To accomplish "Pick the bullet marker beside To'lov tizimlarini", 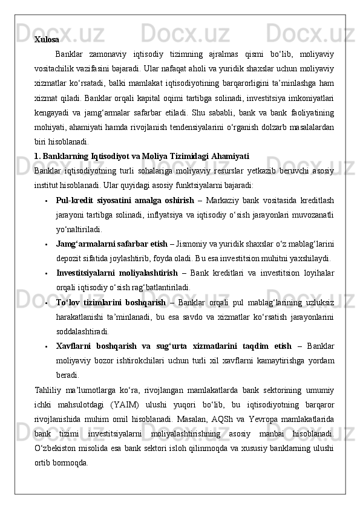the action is click(x=47, y=302).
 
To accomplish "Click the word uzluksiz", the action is click(x=321, y=302).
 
